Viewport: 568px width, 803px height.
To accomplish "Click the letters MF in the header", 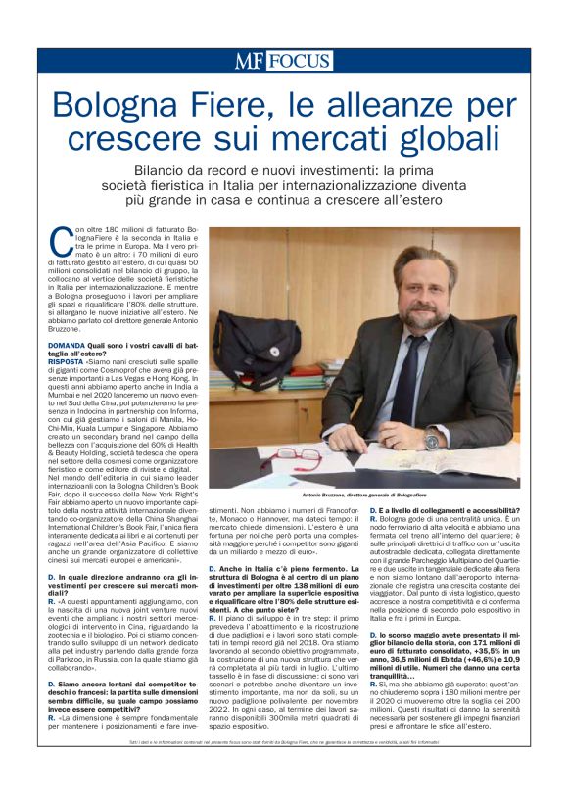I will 249,61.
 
